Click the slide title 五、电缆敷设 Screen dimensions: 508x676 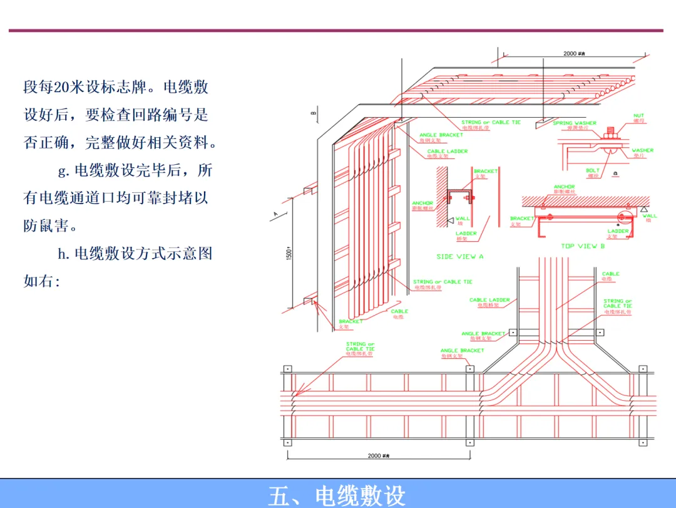point(337,495)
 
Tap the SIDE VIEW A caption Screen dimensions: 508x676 point(460,257)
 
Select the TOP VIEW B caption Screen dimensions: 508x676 point(583,246)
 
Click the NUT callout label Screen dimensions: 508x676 point(638,116)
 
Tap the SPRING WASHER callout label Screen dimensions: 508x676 point(575,123)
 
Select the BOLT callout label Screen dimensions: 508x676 point(593,170)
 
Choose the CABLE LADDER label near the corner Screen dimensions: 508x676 point(448,152)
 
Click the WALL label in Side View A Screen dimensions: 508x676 point(463,219)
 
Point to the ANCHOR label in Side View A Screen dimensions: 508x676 point(422,204)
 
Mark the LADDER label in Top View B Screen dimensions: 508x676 point(618,231)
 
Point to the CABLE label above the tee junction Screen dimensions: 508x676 point(610,274)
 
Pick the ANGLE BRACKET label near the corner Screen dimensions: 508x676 point(441,135)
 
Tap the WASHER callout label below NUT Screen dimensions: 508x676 point(642,150)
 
